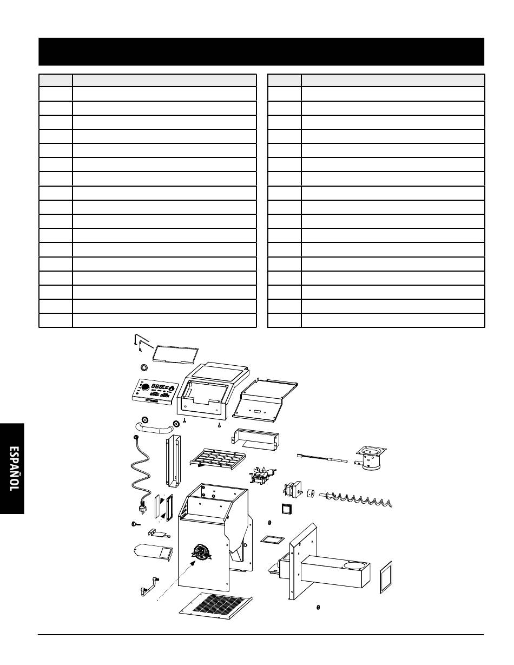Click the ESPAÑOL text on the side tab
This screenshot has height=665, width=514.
[12, 469]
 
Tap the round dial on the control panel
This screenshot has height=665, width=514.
[146, 387]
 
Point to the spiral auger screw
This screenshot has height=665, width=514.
[357, 498]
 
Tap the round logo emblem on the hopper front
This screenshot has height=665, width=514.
[201, 552]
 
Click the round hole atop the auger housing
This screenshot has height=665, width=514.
[354, 566]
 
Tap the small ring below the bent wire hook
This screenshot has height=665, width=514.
[144, 367]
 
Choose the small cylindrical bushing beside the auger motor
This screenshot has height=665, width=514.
[311, 494]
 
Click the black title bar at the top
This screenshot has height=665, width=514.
[261, 51]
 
